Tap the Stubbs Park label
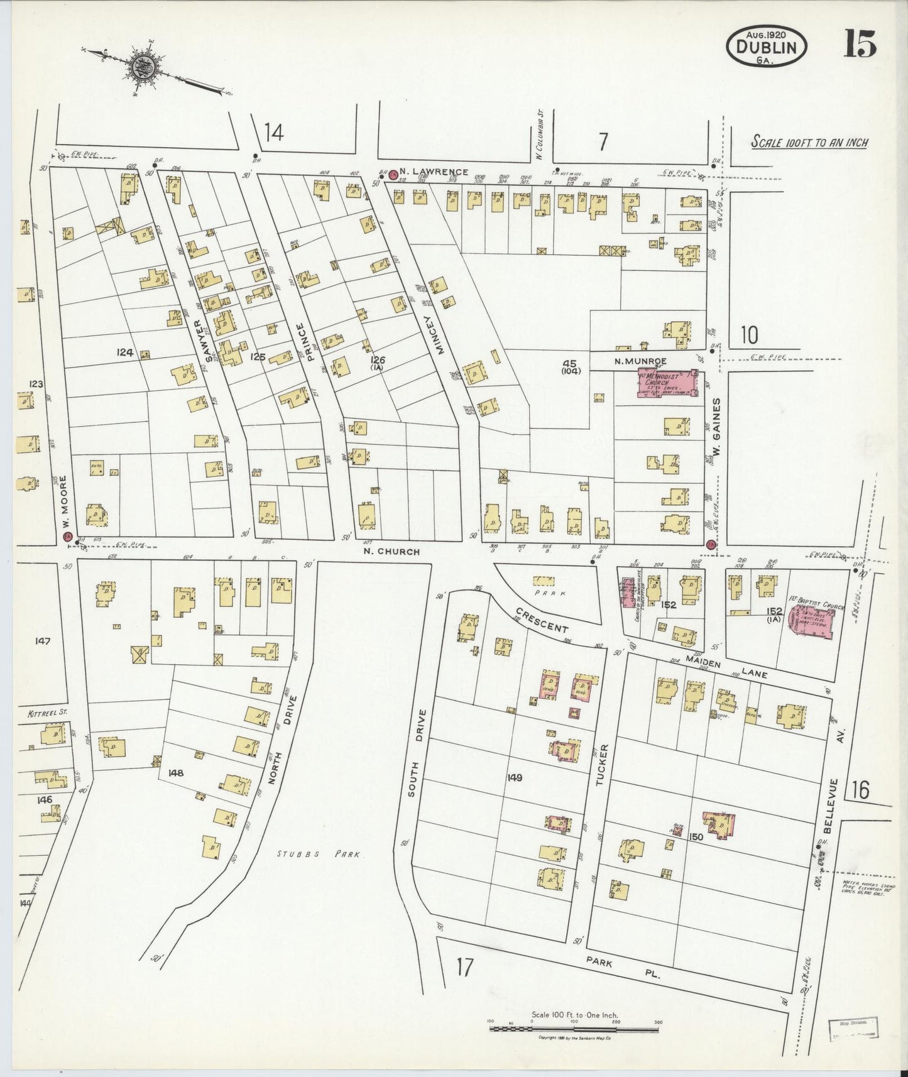pos(319,854)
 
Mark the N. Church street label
pos(391,552)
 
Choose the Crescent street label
pos(542,620)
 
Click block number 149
pos(514,777)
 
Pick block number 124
pos(124,353)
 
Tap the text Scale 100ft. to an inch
pos(809,143)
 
